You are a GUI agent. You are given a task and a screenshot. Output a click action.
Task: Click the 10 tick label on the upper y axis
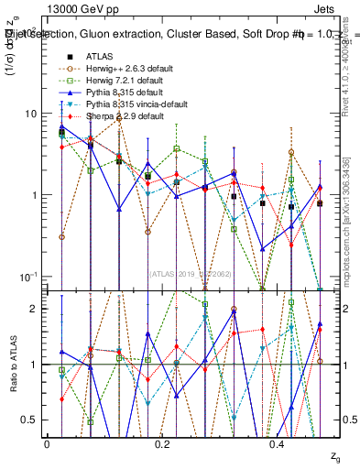(30, 114)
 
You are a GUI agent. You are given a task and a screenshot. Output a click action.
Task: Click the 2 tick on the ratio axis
(34, 309)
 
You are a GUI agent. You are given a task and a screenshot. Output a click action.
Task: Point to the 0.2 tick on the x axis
(162, 443)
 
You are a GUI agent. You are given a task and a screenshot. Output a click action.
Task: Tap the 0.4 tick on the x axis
(277, 443)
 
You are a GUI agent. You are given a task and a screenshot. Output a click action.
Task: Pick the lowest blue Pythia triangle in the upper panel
(263, 249)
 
